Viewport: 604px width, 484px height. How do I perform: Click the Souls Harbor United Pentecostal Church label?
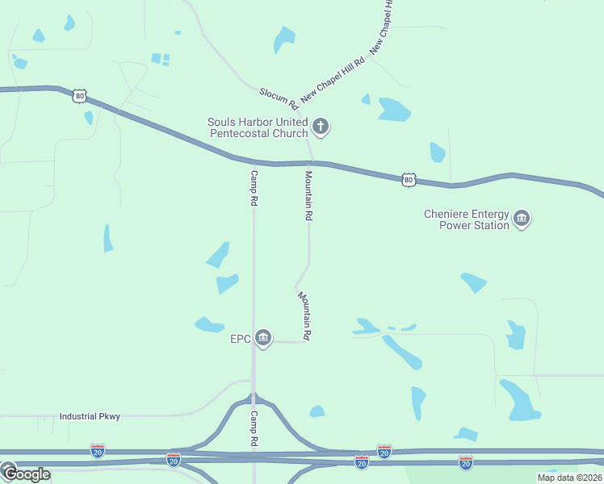[x=258, y=127]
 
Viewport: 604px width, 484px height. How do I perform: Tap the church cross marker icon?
[x=321, y=126]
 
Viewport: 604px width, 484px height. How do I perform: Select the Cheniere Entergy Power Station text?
[x=467, y=219]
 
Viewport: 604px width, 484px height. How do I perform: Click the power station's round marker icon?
[x=522, y=219]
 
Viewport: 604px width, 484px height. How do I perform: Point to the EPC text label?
[x=240, y=338]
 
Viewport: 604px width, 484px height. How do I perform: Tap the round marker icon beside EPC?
[x=262, y=338]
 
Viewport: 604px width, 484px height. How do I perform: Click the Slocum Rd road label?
[x=274, y=97]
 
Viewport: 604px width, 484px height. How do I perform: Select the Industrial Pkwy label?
[x=90, y=416]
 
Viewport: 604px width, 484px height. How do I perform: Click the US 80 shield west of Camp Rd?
[x=79, y=96]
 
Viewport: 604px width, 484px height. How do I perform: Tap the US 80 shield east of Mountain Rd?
[x=408, y=179]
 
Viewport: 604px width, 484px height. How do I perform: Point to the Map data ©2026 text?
[x=570, y=478]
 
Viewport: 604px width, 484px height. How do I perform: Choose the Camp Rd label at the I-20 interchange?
[x=254, y=429]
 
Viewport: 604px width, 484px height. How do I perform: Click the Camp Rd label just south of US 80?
[x=254, y=189]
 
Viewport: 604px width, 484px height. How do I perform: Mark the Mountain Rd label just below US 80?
[x=308, y=195]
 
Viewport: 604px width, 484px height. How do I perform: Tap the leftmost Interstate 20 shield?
[x=97, y=449]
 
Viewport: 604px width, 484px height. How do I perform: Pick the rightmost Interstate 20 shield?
[x=465, y=462]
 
